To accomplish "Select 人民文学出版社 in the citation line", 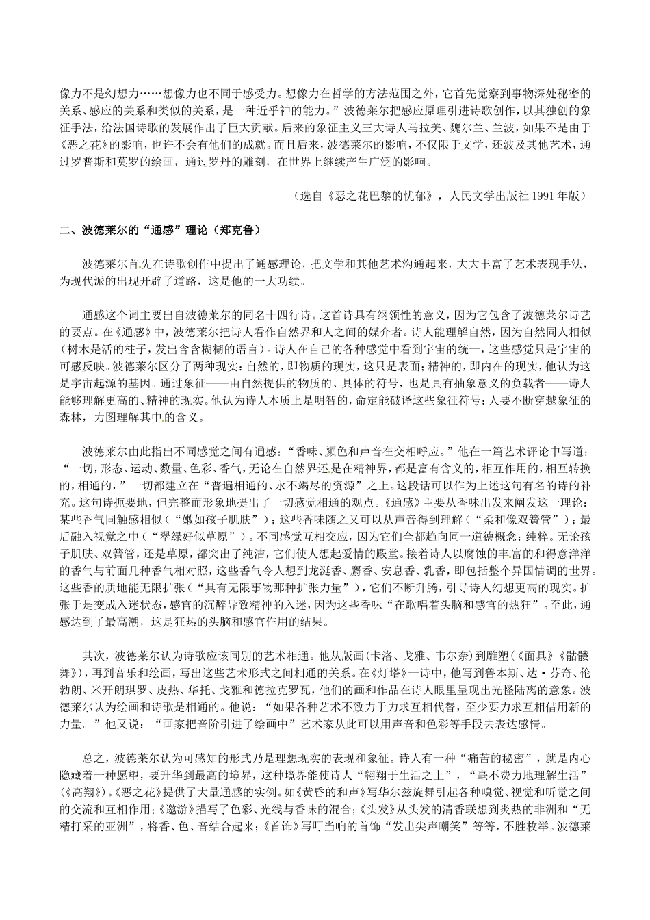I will [x=482, y=195].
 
